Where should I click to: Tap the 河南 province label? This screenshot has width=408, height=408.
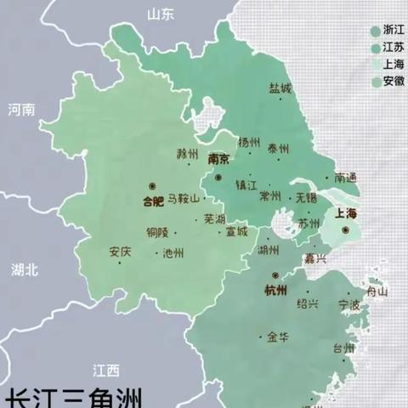click(x=22, y=110)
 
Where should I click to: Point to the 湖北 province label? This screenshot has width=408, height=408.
click(x=25, y=269)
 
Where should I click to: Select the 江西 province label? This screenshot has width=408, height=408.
click(x=107, y=370)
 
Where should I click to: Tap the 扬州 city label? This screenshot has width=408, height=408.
click(x=249, y=143)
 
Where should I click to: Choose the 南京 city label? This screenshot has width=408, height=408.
click(x=218, y=159)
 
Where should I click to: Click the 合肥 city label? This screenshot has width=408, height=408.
click(x=151, y=202)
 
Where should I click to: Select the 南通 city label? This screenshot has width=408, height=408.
click(x=347, y=178)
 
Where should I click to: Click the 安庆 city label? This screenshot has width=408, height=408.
click(x=120, y=252)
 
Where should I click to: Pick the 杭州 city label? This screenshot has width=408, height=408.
click(x=276, y=292)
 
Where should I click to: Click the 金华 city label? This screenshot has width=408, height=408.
click(x=277, y=337)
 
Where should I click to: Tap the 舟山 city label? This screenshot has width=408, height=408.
click(x=377, y=292)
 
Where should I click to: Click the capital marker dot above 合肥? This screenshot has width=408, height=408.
click(x=152, y=186)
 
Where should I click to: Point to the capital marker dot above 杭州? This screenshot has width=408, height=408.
click(x=276, y=275)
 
